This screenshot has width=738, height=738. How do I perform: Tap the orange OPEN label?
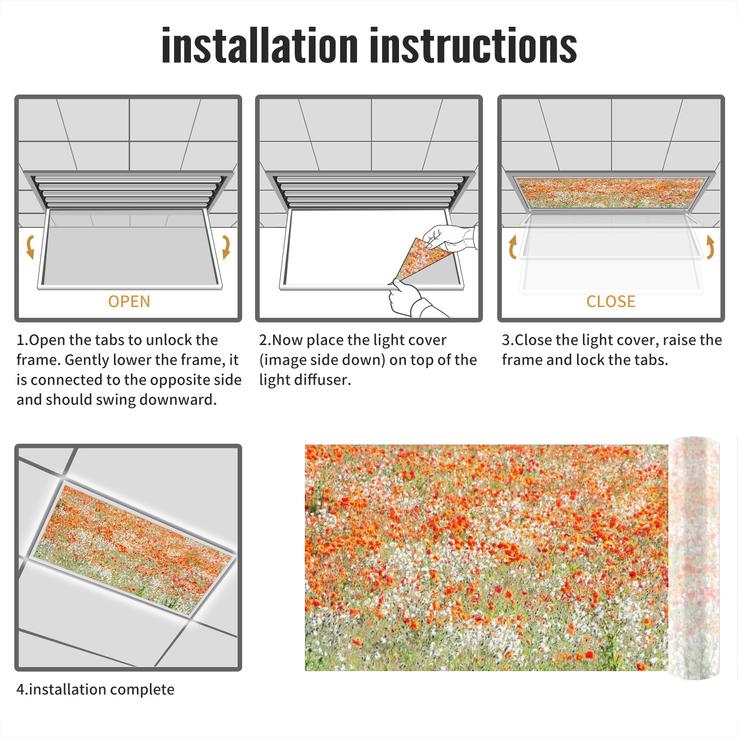point(129,302)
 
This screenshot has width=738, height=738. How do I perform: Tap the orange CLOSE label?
point(611,302)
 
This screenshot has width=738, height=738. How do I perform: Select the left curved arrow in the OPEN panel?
point(30,247)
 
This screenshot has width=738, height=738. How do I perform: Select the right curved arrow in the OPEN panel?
point(226,247)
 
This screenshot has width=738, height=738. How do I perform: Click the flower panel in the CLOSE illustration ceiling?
point(610,193)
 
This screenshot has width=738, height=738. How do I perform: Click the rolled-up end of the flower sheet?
point(694,558)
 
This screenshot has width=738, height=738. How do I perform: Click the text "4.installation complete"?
point(95,690)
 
